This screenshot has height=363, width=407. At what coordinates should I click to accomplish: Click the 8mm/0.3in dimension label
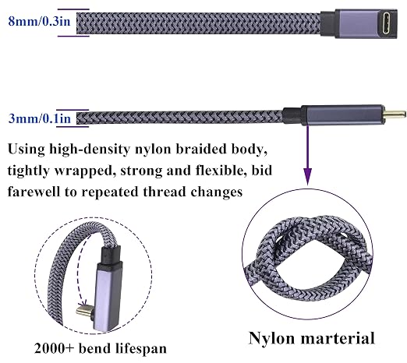[x=40, y=21]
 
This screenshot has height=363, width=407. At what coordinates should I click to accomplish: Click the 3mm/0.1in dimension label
[x=40, y=118]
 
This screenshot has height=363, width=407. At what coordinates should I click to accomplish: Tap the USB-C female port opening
[x=385, y=23]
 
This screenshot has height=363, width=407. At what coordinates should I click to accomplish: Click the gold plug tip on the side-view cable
[x=395, y=114]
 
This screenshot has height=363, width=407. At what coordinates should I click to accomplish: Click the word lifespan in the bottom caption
[x=141, y=349]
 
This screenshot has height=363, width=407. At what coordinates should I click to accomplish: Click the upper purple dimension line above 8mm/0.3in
[x=73, y=9]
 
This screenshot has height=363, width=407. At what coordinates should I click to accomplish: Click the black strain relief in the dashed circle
[x=111, y=255]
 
